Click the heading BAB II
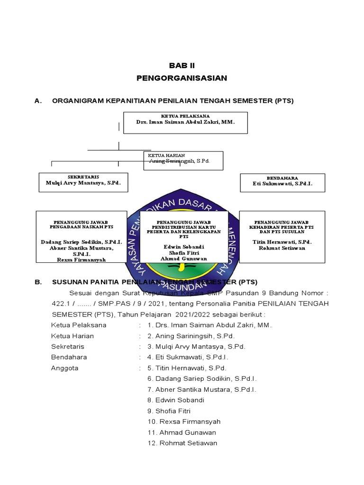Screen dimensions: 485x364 [182, 66]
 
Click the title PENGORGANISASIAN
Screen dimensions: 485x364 [182, 78]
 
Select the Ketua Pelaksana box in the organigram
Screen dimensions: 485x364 [185, 122]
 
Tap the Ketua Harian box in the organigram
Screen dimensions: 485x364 [183, 161]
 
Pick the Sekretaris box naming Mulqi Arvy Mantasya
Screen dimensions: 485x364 [83, 182]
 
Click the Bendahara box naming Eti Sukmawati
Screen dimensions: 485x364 [282, 182]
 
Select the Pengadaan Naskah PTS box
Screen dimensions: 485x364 [82, 237]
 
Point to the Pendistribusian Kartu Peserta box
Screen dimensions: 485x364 [184, 237]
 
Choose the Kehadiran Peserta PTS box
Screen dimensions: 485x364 [282, 237]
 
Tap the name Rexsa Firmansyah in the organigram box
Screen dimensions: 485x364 [82, 260]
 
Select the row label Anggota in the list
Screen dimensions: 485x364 [64, 368]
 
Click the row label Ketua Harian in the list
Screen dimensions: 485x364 [72, 336]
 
